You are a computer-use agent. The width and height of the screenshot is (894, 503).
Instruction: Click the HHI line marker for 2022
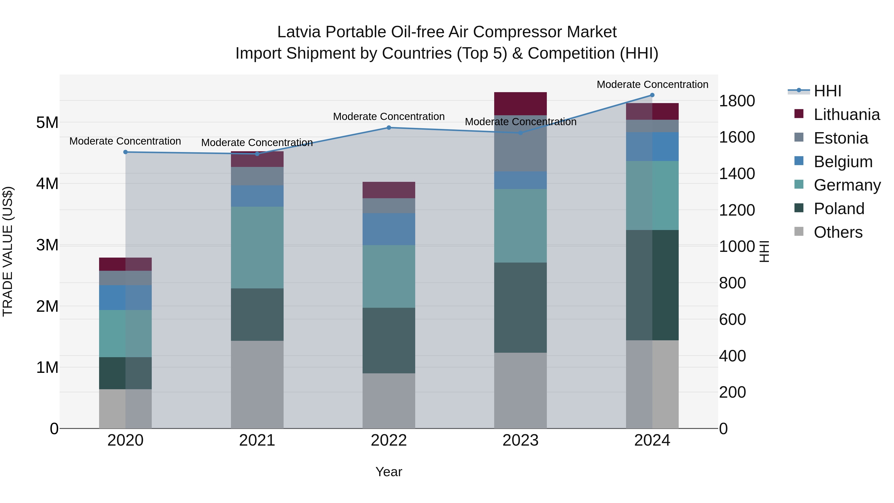point(389,128)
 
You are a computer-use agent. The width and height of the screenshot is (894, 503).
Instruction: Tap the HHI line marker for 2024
point(652,95)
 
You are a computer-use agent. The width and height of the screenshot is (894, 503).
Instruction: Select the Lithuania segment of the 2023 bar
point(520,103)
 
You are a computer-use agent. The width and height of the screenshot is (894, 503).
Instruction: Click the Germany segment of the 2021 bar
point(257,247)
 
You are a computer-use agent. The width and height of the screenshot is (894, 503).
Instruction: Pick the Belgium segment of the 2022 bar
point(389,229)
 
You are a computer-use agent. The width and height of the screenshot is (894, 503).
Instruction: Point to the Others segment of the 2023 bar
point(520,390)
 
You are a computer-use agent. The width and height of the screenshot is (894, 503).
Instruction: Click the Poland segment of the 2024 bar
point(652,285)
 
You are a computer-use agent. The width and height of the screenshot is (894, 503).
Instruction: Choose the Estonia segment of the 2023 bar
point(520,143)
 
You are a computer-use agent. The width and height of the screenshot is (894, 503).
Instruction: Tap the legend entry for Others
point(838,232)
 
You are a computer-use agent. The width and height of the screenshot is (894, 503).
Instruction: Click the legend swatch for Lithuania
point(799,114)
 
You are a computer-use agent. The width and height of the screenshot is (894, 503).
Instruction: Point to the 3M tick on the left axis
point(47,245)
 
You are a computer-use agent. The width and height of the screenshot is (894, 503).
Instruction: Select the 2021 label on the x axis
point(257,440)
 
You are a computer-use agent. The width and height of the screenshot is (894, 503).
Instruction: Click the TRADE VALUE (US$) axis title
point(8,251)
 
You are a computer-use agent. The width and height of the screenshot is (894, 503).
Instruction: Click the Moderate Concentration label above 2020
point(125,141)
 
